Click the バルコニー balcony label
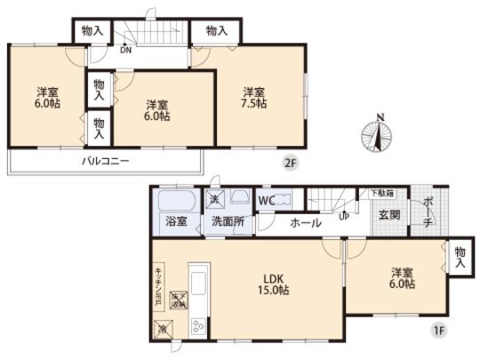(x=106, y=161)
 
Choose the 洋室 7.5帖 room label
(x=254, y=97)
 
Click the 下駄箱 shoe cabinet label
(x=382, y=193)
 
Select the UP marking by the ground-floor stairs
(x=343, y=215)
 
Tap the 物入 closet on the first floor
(x=459, y=259)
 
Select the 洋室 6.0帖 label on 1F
(x=400, y=279)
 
